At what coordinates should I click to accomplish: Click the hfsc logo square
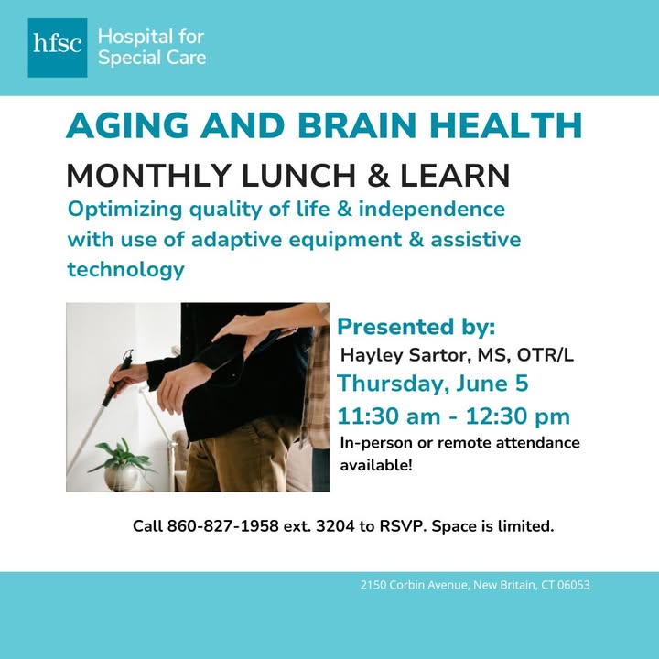click(x=58, y=48)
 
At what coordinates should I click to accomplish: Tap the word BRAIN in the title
click(x=357, y=125)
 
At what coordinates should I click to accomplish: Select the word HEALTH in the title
click(x=505, y=125)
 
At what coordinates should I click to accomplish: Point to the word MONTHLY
click(x=149, y=175)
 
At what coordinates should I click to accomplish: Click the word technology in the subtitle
click(x=126, y=269)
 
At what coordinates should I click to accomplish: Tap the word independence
click(x=432, y=209)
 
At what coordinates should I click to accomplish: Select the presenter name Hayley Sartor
click(x=404, y=355)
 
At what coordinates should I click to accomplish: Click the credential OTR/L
click(x=546, y=355)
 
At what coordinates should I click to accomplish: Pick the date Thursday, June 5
click(x=432, y=384)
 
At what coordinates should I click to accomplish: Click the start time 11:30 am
click(x=389, y=416)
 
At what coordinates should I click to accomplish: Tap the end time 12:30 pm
click(x=518, y=416)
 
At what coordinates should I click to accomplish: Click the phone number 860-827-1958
click(x=222, y=526)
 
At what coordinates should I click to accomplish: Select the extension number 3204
click(x=335, y=526)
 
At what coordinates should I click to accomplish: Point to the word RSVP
click(x=402, y=526)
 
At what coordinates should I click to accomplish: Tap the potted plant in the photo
click(x=122, y=465)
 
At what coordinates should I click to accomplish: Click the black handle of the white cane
click(x=118, y=377)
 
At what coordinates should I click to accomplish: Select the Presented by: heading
click(x=416, y=327)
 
